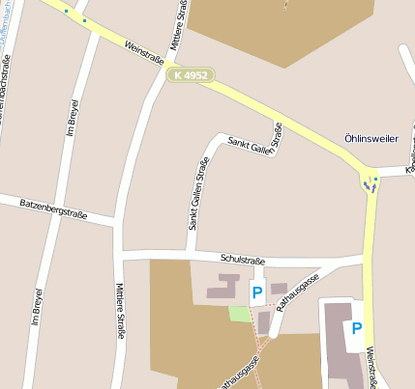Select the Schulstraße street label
click(242, 259)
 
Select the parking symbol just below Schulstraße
click(257, 292)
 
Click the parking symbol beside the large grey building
click(357, 329)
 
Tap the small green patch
click(239, 314)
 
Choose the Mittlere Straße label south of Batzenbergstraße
click(121, 310)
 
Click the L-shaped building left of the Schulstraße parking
click(223, 287)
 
